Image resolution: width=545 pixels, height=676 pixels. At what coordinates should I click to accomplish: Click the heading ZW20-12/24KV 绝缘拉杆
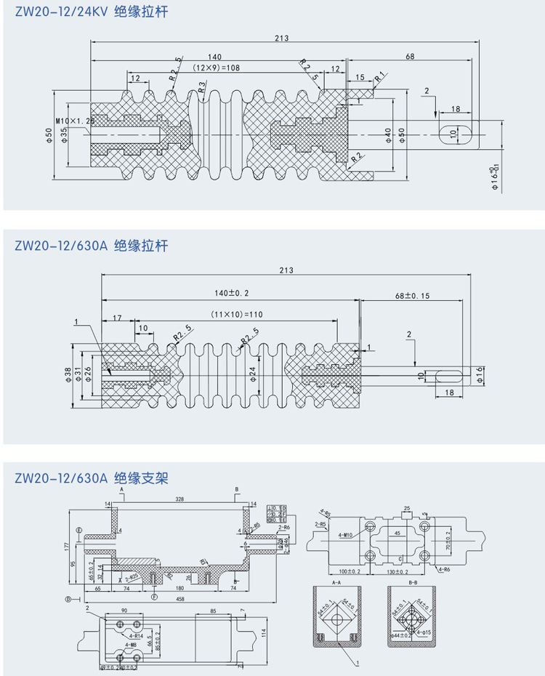tap(90, 13)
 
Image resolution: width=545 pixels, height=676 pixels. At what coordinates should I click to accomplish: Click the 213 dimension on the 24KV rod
tap(283, 39)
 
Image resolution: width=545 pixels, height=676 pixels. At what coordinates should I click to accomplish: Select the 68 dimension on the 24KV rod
tap(411, 56)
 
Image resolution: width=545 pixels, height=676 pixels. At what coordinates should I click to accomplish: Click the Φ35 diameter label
tap(65, 135)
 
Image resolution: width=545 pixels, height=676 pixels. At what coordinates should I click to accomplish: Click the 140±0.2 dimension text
tap(233, 292)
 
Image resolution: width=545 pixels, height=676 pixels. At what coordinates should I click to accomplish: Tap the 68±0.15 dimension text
tap(413, 296)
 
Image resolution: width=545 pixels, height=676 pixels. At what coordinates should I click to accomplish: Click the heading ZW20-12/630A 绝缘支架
tap(90, 478)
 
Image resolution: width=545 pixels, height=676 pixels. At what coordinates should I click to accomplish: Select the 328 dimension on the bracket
tap(179, 500)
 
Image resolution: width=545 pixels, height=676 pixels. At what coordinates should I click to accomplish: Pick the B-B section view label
tap(416, 582)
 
